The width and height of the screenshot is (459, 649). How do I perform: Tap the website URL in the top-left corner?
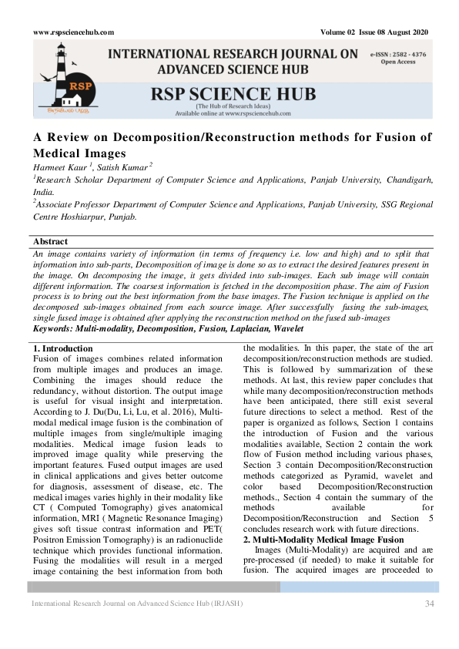click(74, 32)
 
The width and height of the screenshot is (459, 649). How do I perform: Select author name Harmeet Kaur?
click(58, 167)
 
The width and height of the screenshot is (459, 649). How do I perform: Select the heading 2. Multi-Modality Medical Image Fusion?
click(318, 540)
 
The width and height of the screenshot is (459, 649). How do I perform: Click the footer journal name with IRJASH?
click(136, 603)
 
